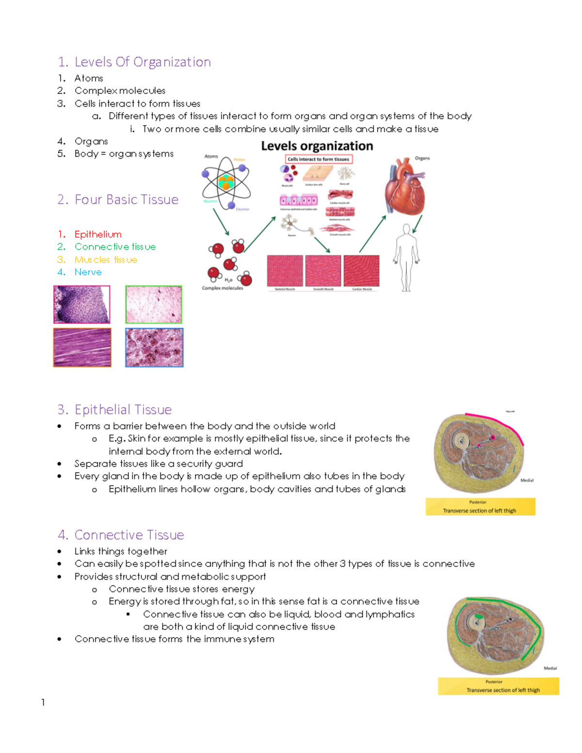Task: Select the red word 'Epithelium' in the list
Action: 98,234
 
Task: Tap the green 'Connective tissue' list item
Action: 115,247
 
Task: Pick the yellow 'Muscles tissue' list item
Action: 106,260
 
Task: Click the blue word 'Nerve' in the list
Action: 88,272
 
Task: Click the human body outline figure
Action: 406,257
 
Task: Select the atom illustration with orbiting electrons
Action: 226,182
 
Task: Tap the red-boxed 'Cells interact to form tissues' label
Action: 318,159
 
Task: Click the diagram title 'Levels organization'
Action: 317,146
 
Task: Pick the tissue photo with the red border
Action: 81,304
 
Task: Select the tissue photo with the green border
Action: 154,304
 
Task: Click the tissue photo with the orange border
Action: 82,347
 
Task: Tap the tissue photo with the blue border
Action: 154,348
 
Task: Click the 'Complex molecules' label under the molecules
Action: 223,288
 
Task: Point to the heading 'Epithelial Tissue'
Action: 123,410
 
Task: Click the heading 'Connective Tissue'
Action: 129,535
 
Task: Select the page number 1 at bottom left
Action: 43,702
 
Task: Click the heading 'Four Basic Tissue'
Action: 126,200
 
